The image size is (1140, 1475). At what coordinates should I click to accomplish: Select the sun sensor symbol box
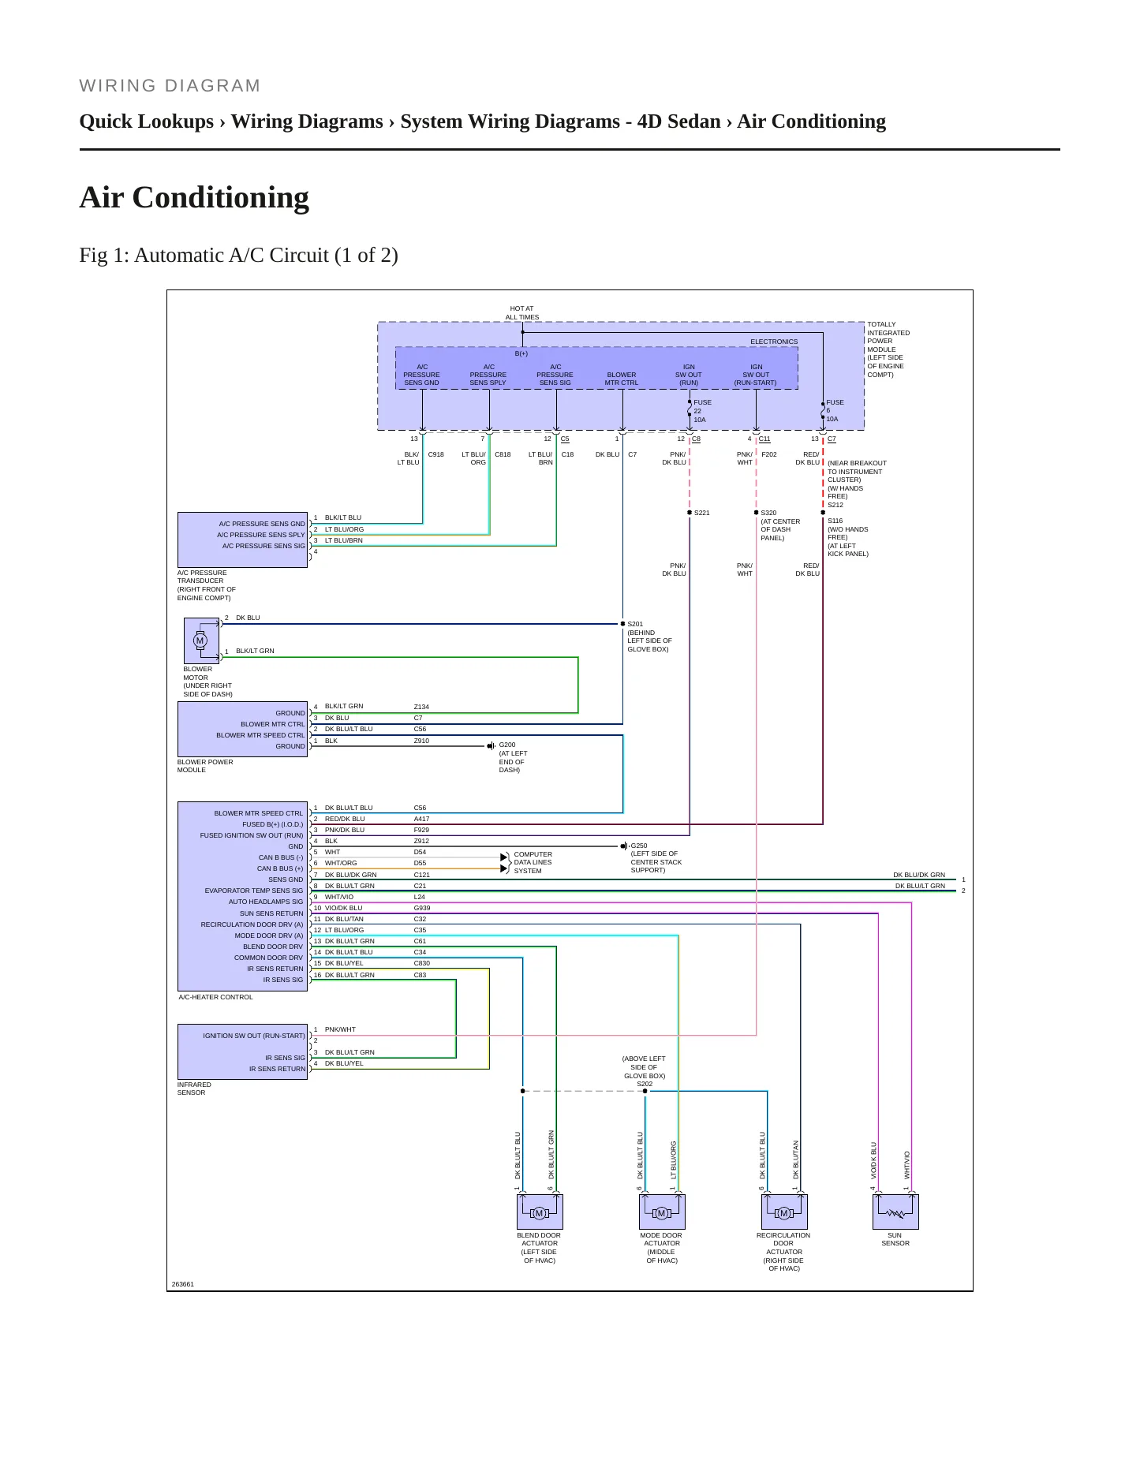pyautogui.click(x=895, y=1212)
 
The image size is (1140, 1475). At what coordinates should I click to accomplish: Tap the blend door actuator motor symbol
pyautogui.click(x=540, y=1212)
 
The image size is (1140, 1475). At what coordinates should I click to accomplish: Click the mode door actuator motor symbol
pyautogui.click(x=662, y=1212)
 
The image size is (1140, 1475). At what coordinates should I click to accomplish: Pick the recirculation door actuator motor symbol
pyautogui.click(x=784, y=1212)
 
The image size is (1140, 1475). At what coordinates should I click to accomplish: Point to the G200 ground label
pyautogui.click(x=507, y=745)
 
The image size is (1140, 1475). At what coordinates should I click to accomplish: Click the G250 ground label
pyautogui.click(x=639, y=846)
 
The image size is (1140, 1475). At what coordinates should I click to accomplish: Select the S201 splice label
pyautogui.click(x=635, y=624)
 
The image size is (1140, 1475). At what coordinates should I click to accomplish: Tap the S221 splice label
pyautogui.click(x=701, y=513)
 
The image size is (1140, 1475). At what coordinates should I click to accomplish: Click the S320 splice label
pyautogui.click(x=768, y=513)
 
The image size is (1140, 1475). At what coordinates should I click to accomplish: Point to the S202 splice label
pyautogui.click(x=645, y=1084)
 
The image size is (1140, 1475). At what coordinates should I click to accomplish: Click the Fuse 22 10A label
pyautogui.click(x=702, y=411)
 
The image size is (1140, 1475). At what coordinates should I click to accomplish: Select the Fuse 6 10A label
pyautogui.click(x=835, y=411)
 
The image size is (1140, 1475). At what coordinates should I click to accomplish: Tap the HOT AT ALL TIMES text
pyautogui.click(x=522, y=313)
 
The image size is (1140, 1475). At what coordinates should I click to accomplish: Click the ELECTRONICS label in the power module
pyautogui.click(x=774, y=342)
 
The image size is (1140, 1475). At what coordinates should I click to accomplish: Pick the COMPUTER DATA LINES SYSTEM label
pyautogui.click(x=533, y=862)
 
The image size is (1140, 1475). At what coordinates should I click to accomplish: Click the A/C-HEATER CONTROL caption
pyautogui.click(x=215, y=997)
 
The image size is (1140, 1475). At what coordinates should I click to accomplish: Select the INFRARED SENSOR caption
pyautogui.click(x=194, y=1089)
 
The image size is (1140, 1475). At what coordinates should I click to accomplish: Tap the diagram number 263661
pyautogui.click(x=182, y=1284)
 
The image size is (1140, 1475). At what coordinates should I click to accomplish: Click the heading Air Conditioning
pyautogui.click(x=194, y=197)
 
